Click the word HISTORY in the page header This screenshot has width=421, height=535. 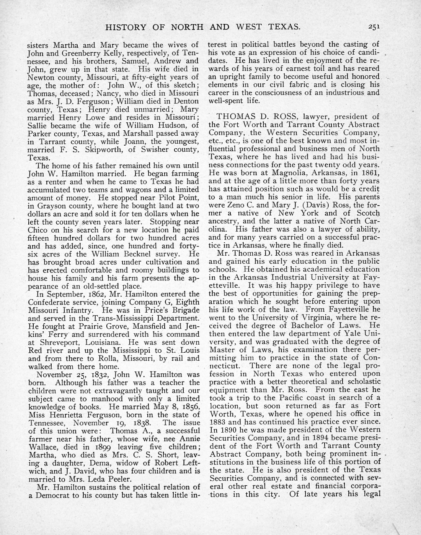pyautogui.click(x=126, y=27)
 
